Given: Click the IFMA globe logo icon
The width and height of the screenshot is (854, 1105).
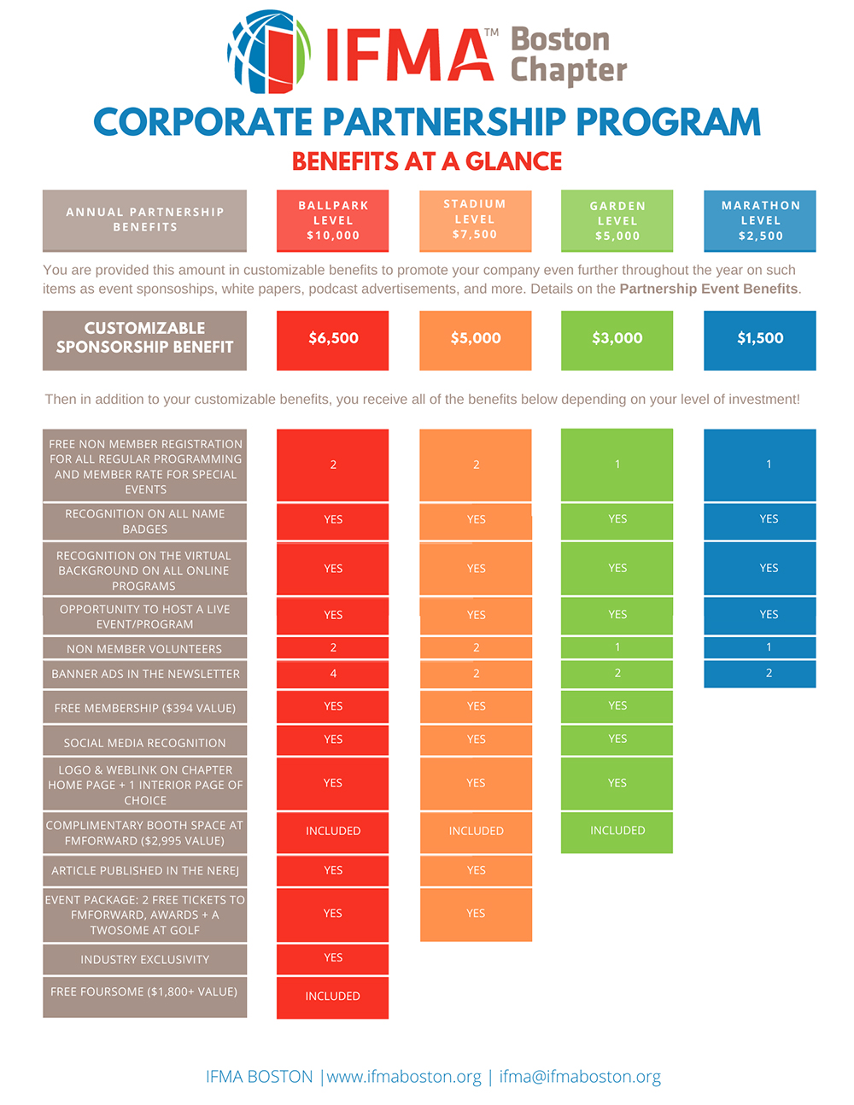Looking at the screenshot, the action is (x=269, y=52).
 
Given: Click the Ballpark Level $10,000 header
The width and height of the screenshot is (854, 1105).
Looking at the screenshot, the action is (x=332, y=220).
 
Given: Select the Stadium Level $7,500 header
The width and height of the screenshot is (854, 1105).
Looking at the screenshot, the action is (x=476, y=220).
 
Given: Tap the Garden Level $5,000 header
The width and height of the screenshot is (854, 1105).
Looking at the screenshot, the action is (x=617, y=220).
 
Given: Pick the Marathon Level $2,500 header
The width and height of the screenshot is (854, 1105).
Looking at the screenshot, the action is (x=760, y=220).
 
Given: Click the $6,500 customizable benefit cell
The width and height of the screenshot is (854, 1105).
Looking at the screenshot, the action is (x=332, y=340).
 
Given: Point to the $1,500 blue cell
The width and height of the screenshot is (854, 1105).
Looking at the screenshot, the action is (x=760, y=340).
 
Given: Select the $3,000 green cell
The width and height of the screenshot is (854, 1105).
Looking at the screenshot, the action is (x=617, y=340).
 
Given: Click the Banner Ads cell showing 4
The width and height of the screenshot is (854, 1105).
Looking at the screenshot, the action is (x=332, y=674).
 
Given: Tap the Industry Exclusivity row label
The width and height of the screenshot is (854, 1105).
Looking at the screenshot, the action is (x=145, y=960).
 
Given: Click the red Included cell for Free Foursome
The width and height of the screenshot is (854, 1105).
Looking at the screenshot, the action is (x=332, y=997).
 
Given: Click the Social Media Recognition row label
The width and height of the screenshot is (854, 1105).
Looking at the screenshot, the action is (x=145, y=742).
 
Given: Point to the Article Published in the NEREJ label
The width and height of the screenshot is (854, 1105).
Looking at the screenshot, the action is (x=145, y=870).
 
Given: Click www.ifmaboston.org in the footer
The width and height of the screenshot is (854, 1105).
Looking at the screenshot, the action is (x=404, y=1077).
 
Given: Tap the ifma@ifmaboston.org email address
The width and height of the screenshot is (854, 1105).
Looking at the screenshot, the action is (x=580, y=1077).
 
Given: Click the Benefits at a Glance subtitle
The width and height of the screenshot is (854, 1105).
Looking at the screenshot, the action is (x=427, y=161).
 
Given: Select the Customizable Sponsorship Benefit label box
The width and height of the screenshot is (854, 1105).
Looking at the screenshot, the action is (x=145, y=340).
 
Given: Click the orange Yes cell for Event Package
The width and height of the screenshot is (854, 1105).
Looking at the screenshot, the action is (x=476, y=915).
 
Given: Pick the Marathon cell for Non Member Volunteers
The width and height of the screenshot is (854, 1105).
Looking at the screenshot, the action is (x=760, y=647).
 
